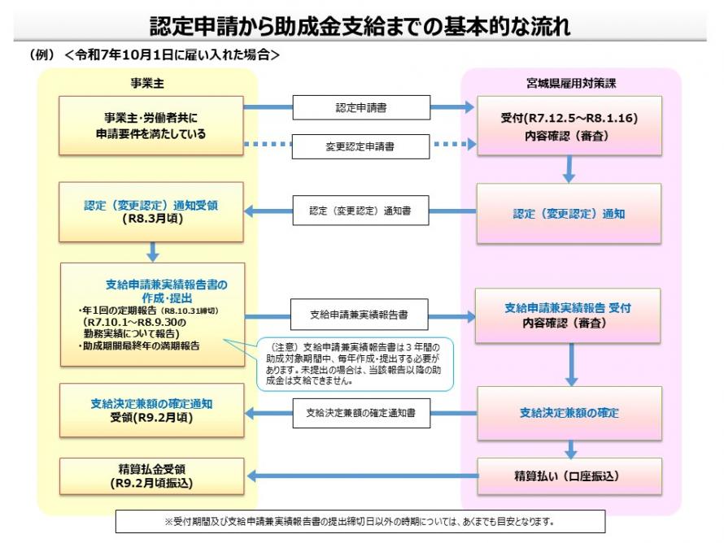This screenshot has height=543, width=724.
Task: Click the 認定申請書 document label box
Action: click(360, 107)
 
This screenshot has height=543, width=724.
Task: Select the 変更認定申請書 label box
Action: click(360, 146)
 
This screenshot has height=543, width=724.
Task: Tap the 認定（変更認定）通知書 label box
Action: click(360, 211)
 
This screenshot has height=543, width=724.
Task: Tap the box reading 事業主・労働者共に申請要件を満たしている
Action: click(151, 125)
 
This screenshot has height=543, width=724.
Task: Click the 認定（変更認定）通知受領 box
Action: click(151, 212)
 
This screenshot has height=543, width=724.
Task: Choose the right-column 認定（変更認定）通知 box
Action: click(569, 214)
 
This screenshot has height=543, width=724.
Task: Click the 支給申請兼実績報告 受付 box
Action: click(569, 315)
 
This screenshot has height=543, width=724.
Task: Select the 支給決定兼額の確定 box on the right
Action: click(569, 413)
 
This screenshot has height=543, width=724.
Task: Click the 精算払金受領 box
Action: click(151, 476)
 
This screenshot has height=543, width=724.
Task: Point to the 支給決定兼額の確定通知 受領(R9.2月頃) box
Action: click(151, 411)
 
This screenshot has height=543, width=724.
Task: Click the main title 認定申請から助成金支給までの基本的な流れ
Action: click(361, 26)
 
